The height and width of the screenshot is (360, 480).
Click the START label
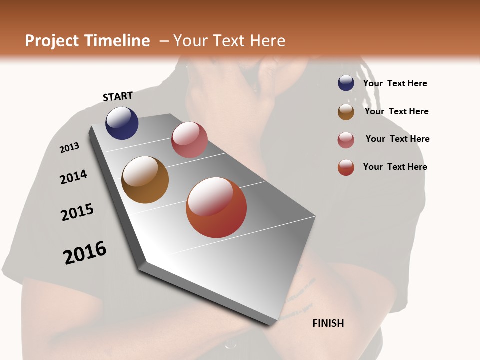pyautogui.click(x=118, y=96)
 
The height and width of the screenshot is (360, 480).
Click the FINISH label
pyautogui.click(x=328, y=323)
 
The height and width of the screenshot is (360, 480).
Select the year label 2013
pyautogui.click(x=69, y=148)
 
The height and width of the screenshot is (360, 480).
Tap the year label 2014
pyautogui.click(x=73, y=177)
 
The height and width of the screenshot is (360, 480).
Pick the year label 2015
pyautogui.click(x=77, y=212)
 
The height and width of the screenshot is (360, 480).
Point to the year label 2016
pyautogui.click(x=85, y=253)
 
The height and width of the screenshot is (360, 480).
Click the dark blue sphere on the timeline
pyautogui.click(x=122, y=123)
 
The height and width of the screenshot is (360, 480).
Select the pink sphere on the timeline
pyautogui.click(x=189, y=140)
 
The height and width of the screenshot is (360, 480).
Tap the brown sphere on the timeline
pyautogui.click(x=145, y=180)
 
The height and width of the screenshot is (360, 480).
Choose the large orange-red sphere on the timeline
pyautogui.click(x=216, y=207)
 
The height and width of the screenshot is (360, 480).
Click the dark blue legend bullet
pyautogui.click(x=346, y=83)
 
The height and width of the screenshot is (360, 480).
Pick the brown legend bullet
pyautogui.click(x=346, y=112)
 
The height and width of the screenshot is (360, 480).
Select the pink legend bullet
pyautogui.click(x=346, y=140)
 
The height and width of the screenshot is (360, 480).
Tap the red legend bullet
pyautogui.click(x=346, y=167)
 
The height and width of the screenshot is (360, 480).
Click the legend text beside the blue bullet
pyautogui.click(x=395, y=83)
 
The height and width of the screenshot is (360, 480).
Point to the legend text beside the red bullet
pyautogui.click(x=395, y=167)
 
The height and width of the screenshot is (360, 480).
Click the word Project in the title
pyautogui.click(x=52, y=41)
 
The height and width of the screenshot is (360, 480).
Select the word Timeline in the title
pyautogui.click(x=117, y=41)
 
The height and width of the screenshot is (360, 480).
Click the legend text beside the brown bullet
pyautogui.click(x=396, y=111)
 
